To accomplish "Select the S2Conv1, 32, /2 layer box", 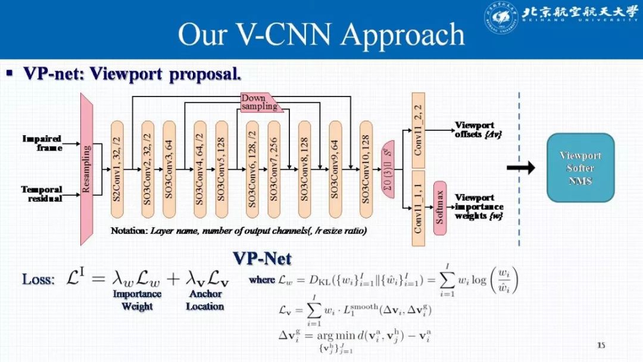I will (117, 169).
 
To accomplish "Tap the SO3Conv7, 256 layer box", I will (273, 169).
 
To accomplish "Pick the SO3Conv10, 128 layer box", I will (366, 169).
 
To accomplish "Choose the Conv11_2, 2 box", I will (418, 129).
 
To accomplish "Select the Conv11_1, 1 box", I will (418, 208).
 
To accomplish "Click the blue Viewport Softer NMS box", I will (580, 167).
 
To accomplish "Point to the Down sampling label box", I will (260, 102).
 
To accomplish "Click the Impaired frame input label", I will (43, 143).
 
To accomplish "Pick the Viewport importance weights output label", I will (479, 206).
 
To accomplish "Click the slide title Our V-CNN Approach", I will (321, 34).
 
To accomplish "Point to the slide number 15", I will (601, 345).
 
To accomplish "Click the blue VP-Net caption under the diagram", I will (262, 258).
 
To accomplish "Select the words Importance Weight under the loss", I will (137, 300).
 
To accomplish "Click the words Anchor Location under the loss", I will (205, 300).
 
